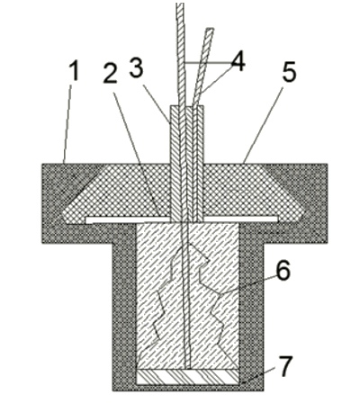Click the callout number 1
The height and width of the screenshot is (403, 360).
[74, 70]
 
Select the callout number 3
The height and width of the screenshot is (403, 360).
[136, 67]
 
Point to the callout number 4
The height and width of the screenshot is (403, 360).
[238, 61]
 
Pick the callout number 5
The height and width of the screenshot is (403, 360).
[289, 72]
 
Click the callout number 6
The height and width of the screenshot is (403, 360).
[283, 270]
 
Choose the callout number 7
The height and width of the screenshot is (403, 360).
[283, 366]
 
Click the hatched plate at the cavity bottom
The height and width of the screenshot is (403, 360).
[188, 377]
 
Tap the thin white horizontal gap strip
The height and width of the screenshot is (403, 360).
[182, 219]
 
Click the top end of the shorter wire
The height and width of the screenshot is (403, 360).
[210, 29]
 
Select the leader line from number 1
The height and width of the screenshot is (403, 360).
[67, 124]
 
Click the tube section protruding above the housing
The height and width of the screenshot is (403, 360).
[187, 135]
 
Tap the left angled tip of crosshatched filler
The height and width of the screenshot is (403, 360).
[64, 214]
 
